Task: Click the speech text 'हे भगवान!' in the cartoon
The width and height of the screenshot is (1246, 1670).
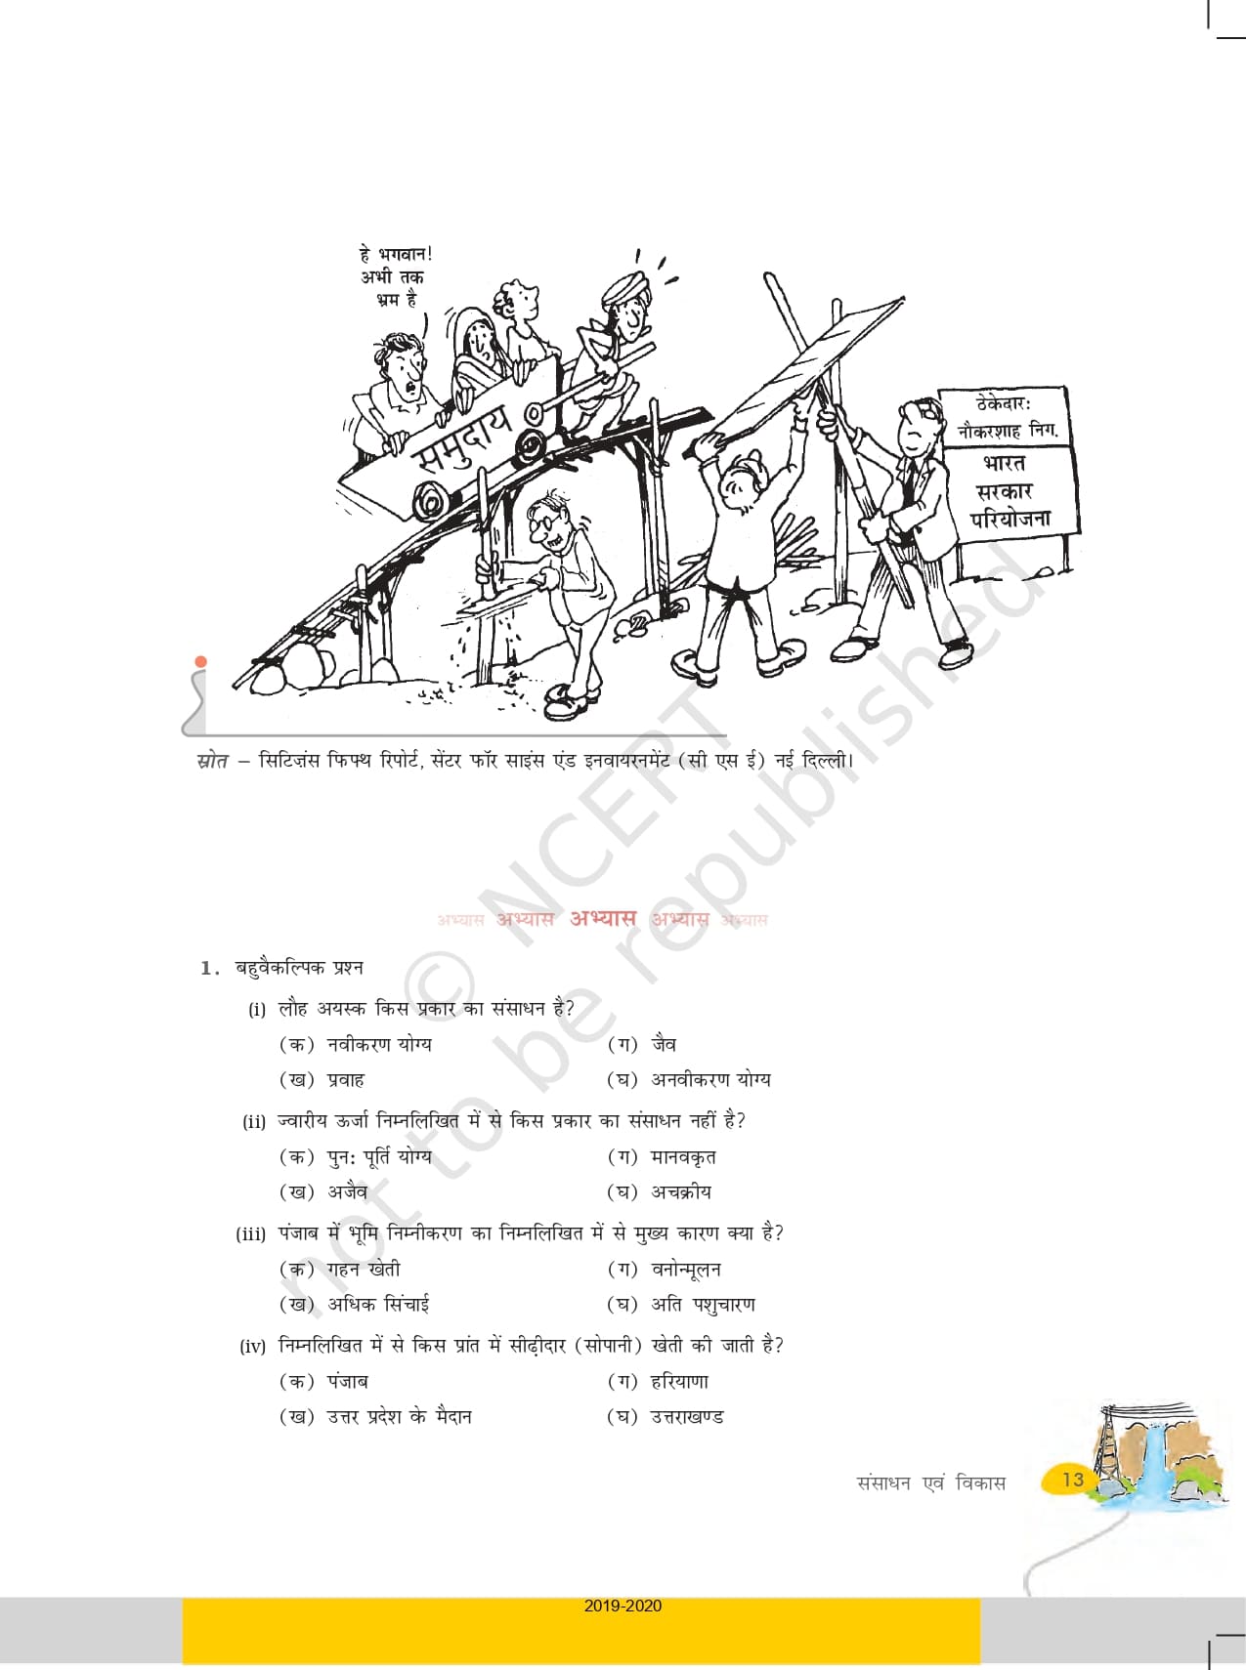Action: click(x=396, y=255)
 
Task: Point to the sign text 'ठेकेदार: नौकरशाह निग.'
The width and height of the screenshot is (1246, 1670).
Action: click(x=1006, y=417)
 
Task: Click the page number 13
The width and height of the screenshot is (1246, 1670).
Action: click(x=1073, y=1480)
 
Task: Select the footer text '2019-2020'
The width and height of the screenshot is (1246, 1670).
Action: click(x=623, y=1606)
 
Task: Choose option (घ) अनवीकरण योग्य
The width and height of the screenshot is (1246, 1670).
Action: click(x=689, y=1080)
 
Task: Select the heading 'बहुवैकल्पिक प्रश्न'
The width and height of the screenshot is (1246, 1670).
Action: click(x=299, y=968)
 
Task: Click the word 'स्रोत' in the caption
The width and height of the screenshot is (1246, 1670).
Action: click(x=212, y=760)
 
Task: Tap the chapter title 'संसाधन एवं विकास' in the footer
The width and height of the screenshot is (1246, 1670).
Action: click(x=931, y=1482)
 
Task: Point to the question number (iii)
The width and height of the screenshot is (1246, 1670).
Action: click(x=251, y=1234)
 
